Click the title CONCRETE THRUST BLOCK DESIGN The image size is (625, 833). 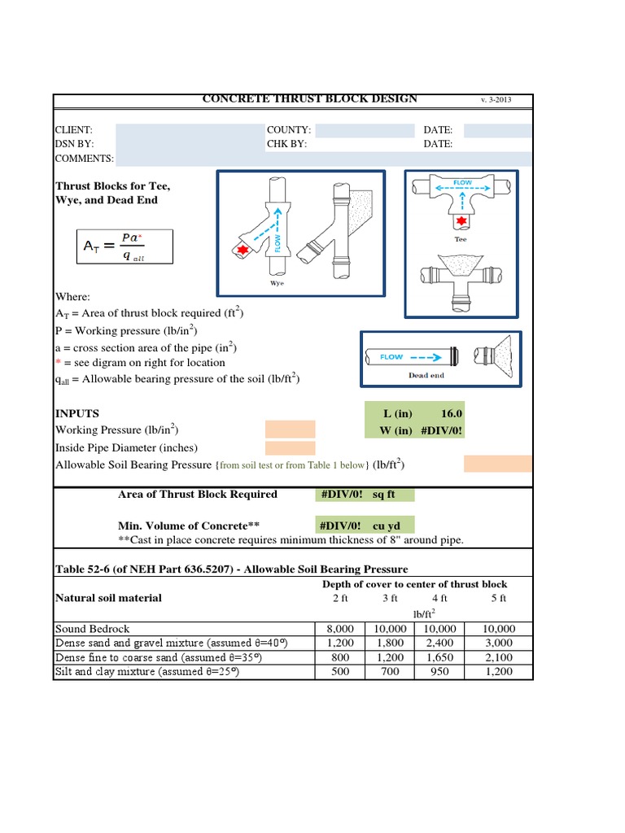point(309,98)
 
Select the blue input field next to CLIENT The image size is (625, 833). point(189,130)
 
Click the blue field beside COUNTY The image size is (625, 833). point(364,130)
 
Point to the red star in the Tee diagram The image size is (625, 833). point(461,220)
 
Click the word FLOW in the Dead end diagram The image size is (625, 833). point(391,356)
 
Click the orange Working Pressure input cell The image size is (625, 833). point(290,430)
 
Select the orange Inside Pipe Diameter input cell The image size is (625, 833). point(290,447)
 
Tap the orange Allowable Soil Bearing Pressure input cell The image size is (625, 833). point(497,464)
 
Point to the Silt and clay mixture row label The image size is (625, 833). point(146,673)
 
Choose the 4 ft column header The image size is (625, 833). point(439,598)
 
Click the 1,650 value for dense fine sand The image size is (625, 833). point(439,658)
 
